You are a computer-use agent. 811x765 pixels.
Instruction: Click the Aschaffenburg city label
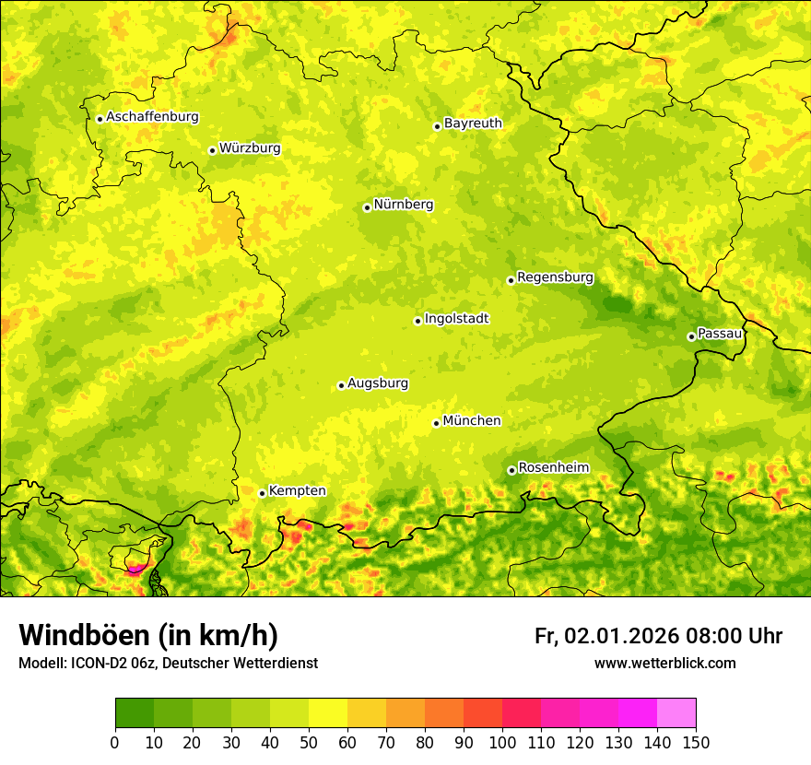click(x=152, y=117)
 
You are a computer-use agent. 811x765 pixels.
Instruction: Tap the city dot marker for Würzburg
click(x=212, y=150)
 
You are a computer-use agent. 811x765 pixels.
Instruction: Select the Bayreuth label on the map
click(x=473, y=124)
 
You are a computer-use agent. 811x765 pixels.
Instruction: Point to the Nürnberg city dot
click(x=367, y=207)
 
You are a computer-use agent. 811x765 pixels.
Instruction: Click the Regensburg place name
click(x=555, y=277)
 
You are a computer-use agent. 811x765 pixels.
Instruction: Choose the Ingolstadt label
click(x=456, y=319)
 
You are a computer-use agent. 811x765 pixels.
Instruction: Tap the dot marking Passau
click(x=691, y=336)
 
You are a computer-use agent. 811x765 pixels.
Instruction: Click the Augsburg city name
click(x=378, y=383)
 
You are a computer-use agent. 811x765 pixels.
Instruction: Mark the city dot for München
click(x=436, y=423)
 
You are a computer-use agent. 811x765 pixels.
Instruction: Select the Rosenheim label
click(x=553, y=468)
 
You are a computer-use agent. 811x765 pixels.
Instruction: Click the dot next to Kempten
click(x=262, y=493)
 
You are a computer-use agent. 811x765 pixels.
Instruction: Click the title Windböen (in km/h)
click(x=147, y=636)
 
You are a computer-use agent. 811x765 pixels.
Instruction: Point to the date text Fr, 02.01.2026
click(x=605, y=637)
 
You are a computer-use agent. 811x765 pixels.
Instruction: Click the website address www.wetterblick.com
click(x=664, y=664)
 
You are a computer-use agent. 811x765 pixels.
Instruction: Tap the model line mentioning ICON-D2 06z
click(x=168, y=664)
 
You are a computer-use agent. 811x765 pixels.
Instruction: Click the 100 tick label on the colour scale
click(x=502, y=742)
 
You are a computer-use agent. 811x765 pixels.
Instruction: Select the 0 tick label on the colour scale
click(x=115, y=742)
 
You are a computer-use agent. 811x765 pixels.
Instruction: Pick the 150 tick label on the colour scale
click(x=696, y=742)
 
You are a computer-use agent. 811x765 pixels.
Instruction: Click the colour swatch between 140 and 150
click(x=676, y=712)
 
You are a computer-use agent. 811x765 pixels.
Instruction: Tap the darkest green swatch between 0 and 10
click(x=135, y=712)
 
